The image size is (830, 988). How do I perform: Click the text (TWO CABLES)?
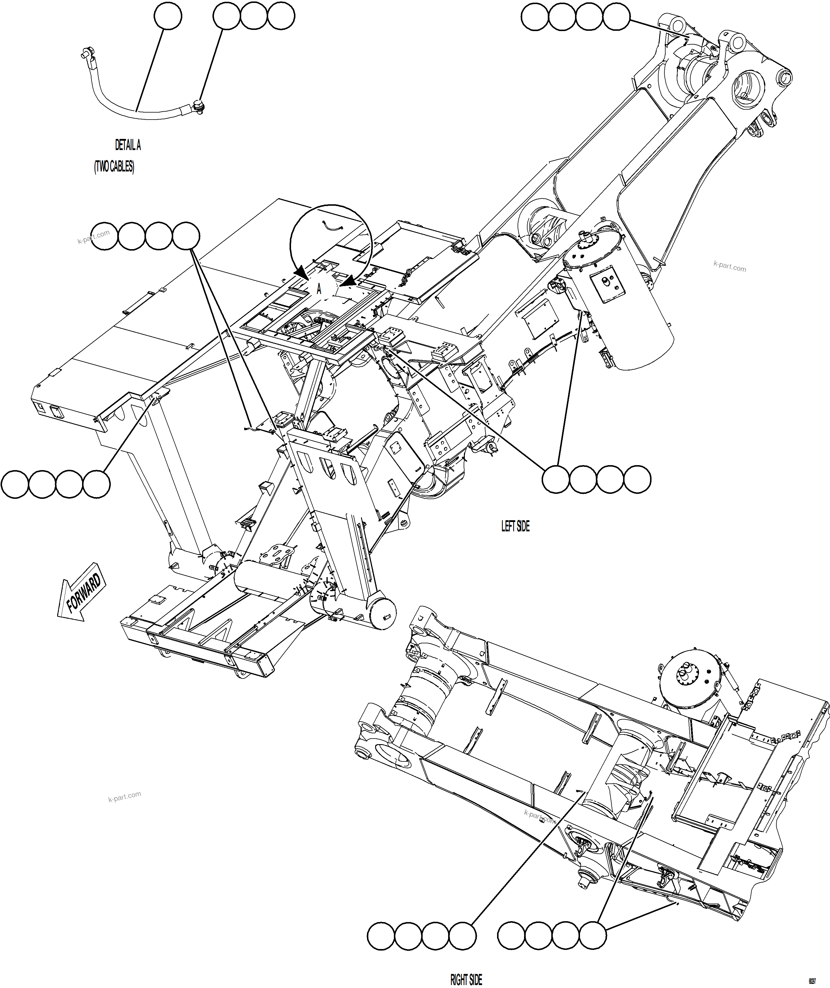click(114, 167)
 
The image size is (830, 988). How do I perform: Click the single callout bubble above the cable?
click(168, 16)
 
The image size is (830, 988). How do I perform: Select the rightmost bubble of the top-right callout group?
click(616, 17)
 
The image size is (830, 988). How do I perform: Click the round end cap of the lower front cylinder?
click(382, 614)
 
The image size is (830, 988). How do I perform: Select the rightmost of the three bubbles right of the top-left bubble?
click(281, 16)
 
